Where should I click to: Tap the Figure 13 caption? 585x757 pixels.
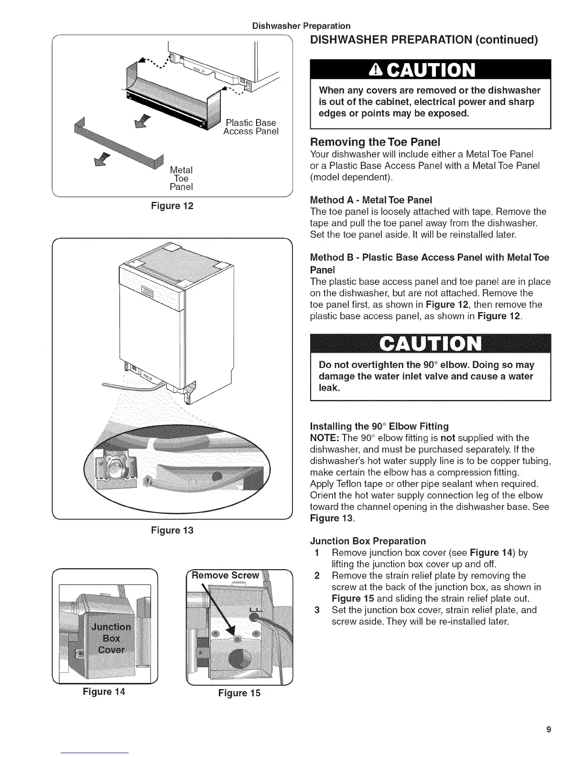pyautogui.click(x=172, y=530)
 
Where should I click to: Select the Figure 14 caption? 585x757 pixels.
pyautogui.click(x=104, y=691)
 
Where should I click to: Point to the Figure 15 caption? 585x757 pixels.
pyautogui.click(x=239, y=692)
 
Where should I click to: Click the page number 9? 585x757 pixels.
pyautogui.click(x=549, y=729)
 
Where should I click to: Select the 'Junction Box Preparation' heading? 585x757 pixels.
pyautogui.click(x=368, y=541)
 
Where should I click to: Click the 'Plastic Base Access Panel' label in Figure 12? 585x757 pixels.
pyautogui.click(x=250, y=127)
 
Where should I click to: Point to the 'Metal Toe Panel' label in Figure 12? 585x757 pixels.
pyautogui.click(x=181, y=178)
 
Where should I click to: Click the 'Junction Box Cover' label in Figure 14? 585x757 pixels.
pyautogui.click(x=111, y=638)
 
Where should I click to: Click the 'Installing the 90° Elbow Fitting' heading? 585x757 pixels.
pyautogui.click(x=379, y=426)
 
